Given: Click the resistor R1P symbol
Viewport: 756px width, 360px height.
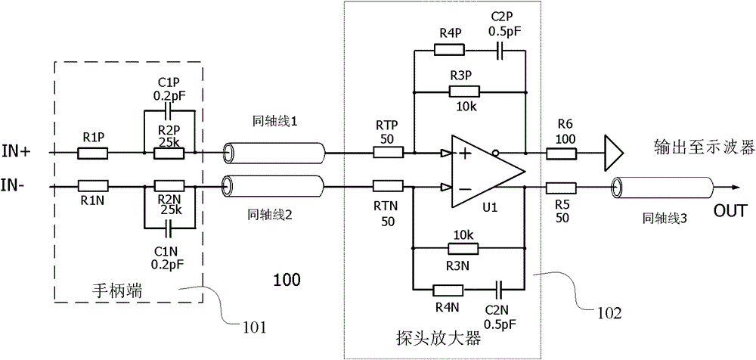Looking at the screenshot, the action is coord(92,153).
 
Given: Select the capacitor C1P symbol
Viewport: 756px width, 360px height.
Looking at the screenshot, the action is coord(169,110).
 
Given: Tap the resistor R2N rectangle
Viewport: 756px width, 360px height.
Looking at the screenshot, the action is coord(169,186).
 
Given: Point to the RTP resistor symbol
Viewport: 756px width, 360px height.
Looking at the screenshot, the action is coord(388,153).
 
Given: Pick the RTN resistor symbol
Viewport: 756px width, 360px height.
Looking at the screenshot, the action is coord(388,186).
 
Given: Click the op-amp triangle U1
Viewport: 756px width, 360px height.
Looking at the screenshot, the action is coord(488,170).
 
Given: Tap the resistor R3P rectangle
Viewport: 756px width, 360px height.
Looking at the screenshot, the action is coord(464,92).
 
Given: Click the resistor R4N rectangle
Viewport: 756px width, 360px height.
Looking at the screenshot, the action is coord(448,290).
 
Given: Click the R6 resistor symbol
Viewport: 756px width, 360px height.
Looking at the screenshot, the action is coord(561,153).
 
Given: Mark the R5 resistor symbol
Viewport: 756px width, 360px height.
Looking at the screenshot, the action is coord(561,188).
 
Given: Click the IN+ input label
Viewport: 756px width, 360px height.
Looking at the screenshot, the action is coord(17,151).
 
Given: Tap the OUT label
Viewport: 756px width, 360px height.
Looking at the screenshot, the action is coord(730,211).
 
